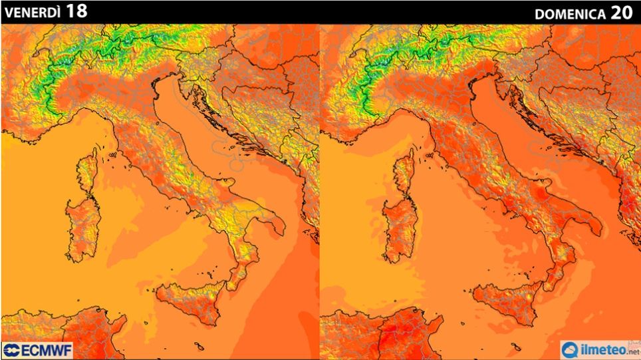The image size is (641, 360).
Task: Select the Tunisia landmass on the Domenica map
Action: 392,333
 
